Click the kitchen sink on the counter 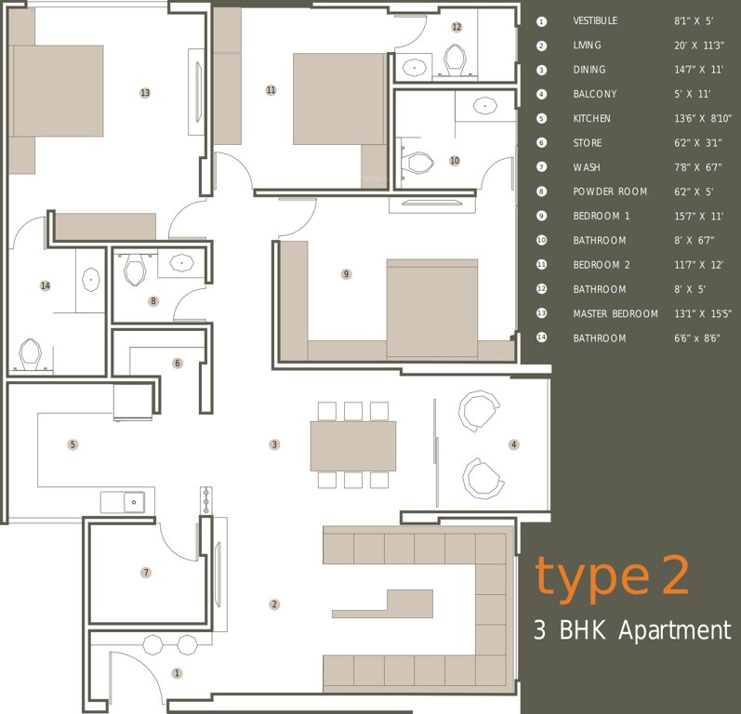[x=128, y=502]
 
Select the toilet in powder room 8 [x=135, y=270]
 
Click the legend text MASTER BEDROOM [x=615, y=313]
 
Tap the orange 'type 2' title [x=612, y=576]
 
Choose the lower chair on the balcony [x=483, y=478]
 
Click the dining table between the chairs [x=352, y=445]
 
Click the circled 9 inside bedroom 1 [x=346, y=274]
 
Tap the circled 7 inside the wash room [x=146, y=573]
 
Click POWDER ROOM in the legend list [x=610, y=192]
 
